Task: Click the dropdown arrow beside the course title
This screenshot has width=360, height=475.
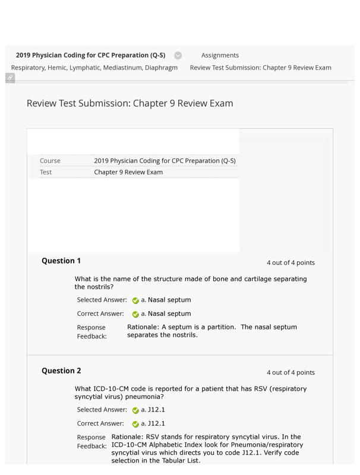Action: [x=178, y=55]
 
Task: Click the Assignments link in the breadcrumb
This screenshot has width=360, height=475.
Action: [x=220, y=55]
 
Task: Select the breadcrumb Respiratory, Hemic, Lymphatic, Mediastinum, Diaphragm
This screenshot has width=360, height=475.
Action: [x=94, y=68]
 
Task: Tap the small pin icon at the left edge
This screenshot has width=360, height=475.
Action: [x=10, y=78]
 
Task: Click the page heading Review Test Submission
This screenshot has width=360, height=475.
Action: [x=130, y=103]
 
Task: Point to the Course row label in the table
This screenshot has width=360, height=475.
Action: [x=50, y=160]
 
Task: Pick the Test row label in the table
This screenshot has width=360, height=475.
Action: [x=46, y=172]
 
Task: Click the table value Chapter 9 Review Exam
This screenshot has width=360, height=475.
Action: [x=128, y=172]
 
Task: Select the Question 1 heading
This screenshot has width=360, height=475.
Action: [x=61, y=261]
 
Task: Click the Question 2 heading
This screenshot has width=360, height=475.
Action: [x=61, y=370]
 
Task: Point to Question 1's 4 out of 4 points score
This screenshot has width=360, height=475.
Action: [x=290, y=262]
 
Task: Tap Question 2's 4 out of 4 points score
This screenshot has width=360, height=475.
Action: [x=290, y=372]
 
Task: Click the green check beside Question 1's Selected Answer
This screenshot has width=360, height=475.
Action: [x=135, y=300]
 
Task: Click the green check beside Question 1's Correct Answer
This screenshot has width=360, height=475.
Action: [x=135, y=314]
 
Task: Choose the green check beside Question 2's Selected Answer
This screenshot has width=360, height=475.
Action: [x=135, y=410]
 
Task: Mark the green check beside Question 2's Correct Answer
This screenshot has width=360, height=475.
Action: [x=135, y=424]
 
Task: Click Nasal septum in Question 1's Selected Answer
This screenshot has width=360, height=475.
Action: [x=169, y=300]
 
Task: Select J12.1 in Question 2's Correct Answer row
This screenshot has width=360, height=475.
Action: [x=156, y=423]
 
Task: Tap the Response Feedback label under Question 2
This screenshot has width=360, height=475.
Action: [x=91, y=441]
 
